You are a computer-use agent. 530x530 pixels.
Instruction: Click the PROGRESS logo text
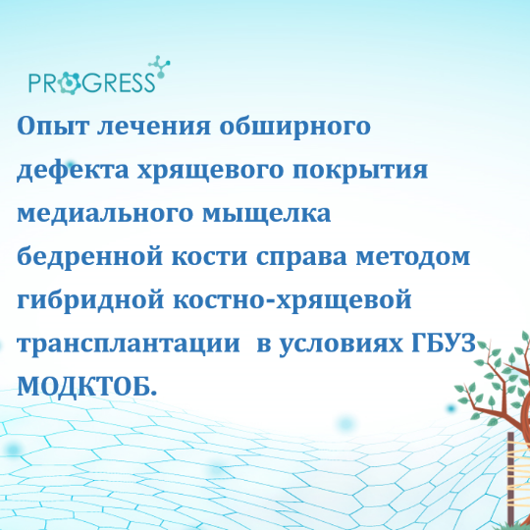[92, 82]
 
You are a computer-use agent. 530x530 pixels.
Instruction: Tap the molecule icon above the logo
[159, 67]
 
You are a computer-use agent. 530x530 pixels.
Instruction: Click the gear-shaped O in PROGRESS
[69, 82]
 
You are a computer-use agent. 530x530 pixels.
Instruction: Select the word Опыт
[53, 126]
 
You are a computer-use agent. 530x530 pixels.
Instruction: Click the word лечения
[154, 127]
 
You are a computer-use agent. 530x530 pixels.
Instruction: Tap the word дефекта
[73, 170]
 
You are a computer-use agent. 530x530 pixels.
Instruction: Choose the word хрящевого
[210, 171]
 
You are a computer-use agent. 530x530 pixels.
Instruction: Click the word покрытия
[360, 171]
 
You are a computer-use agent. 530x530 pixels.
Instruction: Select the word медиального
[105, 214]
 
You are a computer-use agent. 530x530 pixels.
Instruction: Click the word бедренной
[90, 257]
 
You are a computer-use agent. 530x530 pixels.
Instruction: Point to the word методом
[413, 257]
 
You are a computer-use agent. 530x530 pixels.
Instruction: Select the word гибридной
[90, 300]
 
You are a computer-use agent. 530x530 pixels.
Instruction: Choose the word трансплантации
[129, 344]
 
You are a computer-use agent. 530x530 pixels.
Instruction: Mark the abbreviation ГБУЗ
[444, 344]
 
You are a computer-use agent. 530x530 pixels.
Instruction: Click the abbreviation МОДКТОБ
[87, 387]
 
